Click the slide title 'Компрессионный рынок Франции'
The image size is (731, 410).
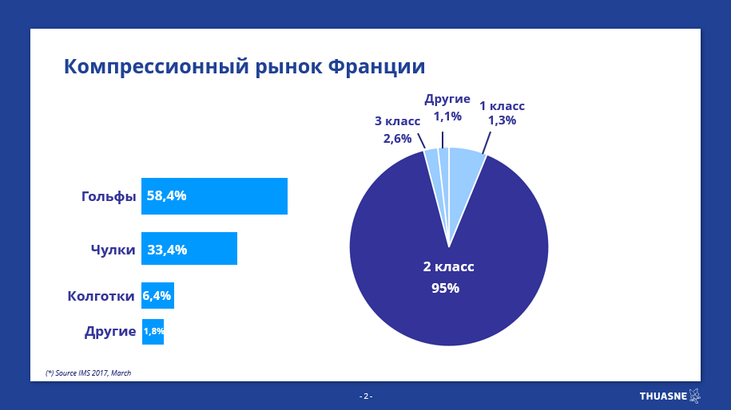point(244,67)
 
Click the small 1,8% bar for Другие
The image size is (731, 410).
point(153,331)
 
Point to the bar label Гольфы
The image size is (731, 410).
point(109,196)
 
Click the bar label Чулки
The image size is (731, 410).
point(113,250)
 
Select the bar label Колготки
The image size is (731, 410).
point(101,296)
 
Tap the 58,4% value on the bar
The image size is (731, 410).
point(166,196)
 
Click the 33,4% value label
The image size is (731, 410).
point(167,250)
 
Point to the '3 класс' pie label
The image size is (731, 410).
point(397,121)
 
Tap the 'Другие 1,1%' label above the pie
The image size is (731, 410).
point(447,108)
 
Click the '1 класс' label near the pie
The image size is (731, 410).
point(502,106)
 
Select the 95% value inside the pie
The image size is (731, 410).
point(445,288)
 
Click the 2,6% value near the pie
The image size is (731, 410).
point(397,139)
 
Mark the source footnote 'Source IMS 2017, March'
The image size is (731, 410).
point(88,373)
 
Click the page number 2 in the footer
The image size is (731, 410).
point(366,396)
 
